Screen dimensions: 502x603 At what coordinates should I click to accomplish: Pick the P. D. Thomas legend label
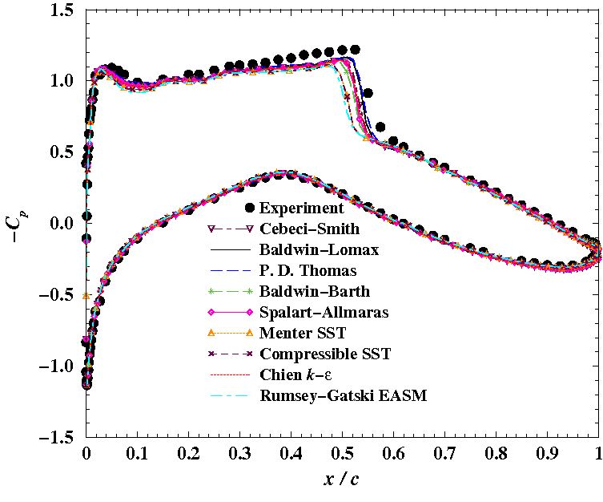[305, 270]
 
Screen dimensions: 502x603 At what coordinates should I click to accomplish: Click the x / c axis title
[342, 480]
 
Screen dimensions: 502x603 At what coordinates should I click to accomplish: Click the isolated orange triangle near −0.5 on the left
[86, 296]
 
